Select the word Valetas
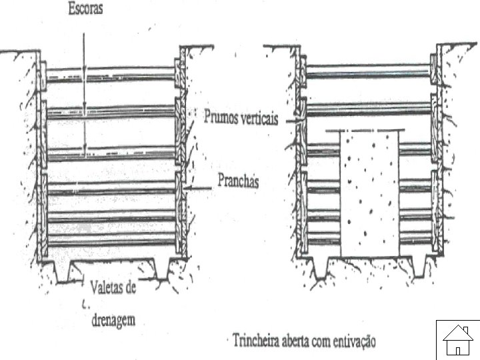(x=111, y=288)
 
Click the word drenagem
(x=112, y=320)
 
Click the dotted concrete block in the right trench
(x=370, y=193)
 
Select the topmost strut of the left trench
(x=111, y=72)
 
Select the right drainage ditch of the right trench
(x=419, y=267)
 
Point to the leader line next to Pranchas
(x=200, y=189)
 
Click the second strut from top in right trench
(x=367, y=108)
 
